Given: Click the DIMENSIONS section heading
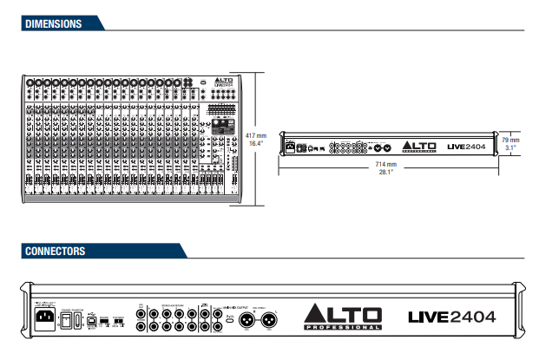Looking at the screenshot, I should pyautogui.click(x=54, y=24).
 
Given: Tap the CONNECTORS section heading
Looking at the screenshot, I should pyautogui.click(x=56, y=252).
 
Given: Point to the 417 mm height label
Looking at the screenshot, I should pyautogui.click(x=254, y=135).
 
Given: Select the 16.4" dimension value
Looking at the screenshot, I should pyautogui.click(x=255, y=144).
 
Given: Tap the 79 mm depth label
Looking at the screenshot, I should pyautogui.click(x=510, y=139).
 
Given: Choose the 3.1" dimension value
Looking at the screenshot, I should pyautogui.click(x=510, y=147).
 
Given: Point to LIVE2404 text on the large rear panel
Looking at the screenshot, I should pyautogui.click(x=451, y=317).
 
